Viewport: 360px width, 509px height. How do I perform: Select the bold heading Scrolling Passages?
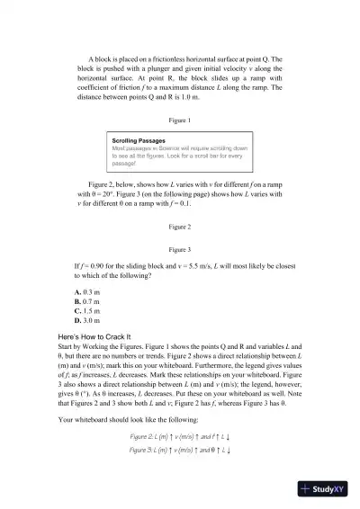(x=139, y=141)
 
